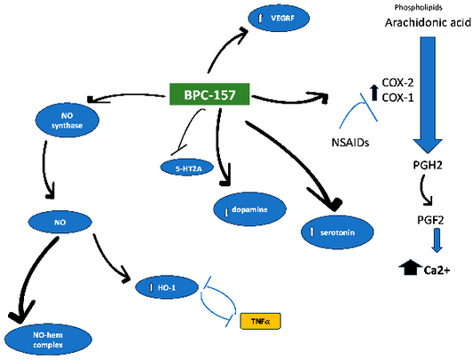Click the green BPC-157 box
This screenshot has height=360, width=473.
(x=209, y=95)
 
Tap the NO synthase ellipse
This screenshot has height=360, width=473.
(x=65, y=121)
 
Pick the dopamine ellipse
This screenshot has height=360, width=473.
(x=252, y=210)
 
